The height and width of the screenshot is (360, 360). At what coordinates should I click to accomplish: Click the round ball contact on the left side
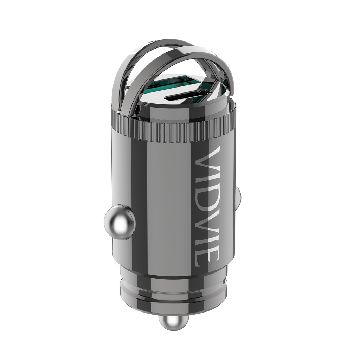coord(119,222)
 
